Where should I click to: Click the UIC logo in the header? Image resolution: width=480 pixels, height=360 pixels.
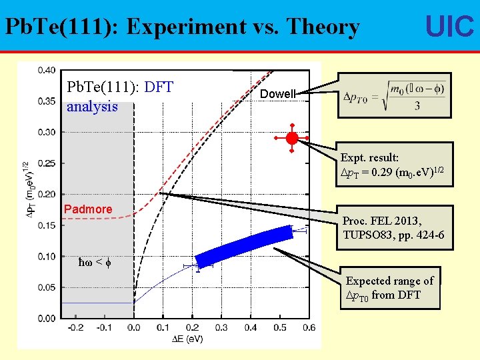coord(449,27)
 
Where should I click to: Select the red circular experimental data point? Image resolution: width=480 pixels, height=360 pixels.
coord(292,138)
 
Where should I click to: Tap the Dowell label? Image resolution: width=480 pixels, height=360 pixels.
coord(277,94)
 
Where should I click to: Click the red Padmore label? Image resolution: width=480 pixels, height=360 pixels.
coord(88,209)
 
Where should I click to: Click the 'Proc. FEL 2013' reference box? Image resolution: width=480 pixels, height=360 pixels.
coord(393,228)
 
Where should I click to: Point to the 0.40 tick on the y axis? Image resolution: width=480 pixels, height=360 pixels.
coord(47,70)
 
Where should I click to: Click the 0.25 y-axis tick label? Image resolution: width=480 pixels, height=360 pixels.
coord(47,163)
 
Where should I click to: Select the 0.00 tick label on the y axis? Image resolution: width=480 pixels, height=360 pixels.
coord(47,318)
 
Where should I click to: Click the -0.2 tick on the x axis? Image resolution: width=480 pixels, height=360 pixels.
coord(75,327)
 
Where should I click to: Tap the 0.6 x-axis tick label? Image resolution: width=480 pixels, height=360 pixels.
coord(309,327)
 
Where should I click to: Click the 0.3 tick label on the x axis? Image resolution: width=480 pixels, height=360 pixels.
coord(221,327)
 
